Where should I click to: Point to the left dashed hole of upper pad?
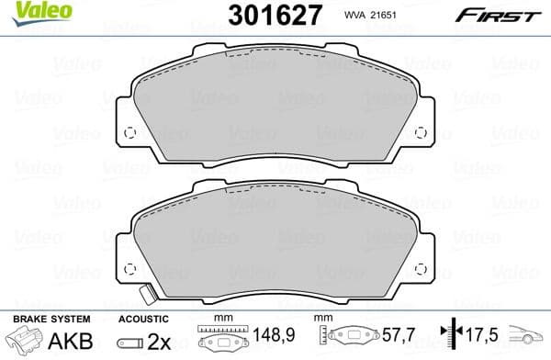click(x=129, y=131)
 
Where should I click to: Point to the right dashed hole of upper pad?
click(x=420, y=131)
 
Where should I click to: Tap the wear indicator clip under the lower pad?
click(x=145, y=296)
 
